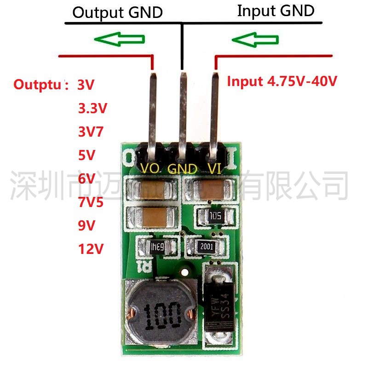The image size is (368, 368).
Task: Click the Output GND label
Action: point(117,12)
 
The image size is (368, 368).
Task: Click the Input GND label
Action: point(276,11)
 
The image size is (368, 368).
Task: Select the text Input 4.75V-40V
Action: point(282,82)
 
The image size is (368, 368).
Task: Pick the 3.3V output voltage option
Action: point(92,109)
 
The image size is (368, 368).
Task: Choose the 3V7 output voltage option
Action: point(91,132)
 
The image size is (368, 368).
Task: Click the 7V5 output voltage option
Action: point(91,202)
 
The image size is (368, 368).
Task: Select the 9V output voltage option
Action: point(86,226)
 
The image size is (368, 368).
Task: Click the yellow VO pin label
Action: point(150,168)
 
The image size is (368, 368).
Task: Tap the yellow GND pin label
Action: point(182,168)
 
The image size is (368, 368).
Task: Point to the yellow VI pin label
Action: point(214,168)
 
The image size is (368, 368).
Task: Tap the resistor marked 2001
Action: point(207,247)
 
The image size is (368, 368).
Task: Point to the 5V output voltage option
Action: point(86,155)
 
